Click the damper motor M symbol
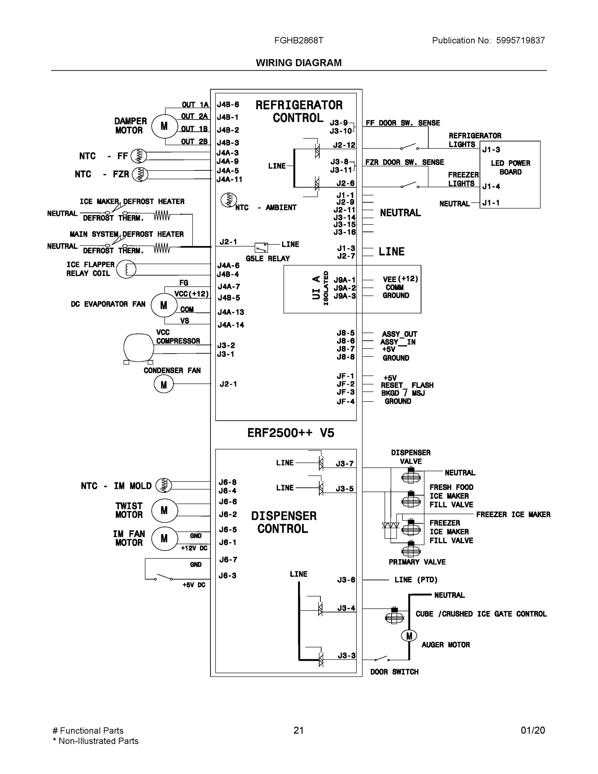tap(164, 126)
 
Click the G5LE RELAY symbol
tap(261, 247)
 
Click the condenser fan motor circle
tap(164, 384)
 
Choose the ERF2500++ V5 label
tap(290, 433)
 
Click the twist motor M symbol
tap(164, 510)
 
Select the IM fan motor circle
tap(164, 539)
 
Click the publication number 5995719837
tap(520, 40)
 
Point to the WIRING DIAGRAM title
tap(299, 63)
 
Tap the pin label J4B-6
tap(228, 104)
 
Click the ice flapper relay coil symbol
tap(126, 269)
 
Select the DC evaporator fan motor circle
tap(164, 305)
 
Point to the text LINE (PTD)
tap(416, 580)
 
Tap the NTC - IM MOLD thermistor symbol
tap(164, 485)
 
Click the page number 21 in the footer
tap(298, 730)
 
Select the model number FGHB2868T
tap(299, 40)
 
